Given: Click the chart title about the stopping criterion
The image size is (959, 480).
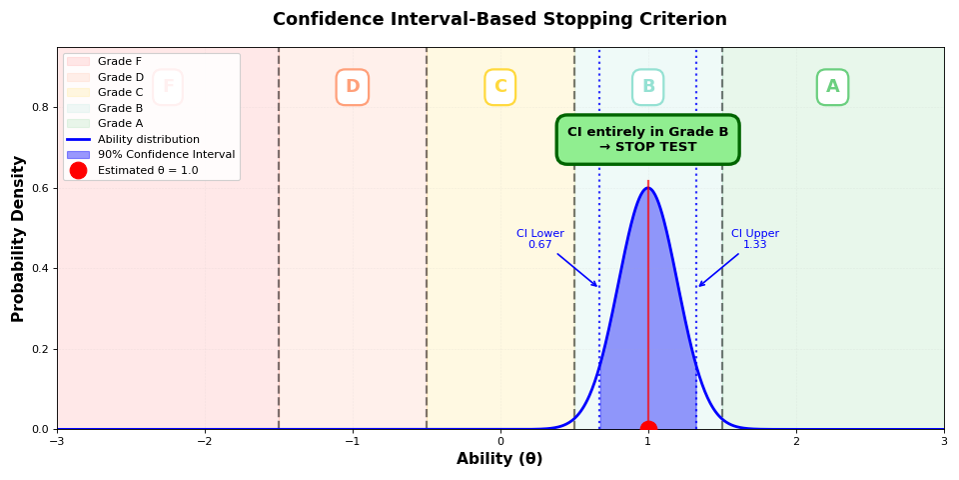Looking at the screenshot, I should [x=499, y=20].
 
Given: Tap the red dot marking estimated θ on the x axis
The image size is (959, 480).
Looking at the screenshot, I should [x=648, y=429].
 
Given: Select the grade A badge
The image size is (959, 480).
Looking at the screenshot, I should [x=832, y=87].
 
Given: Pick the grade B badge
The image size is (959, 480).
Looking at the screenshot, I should [x=647, y=87].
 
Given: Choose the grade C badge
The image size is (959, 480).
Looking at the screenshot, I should [x=499, y=87].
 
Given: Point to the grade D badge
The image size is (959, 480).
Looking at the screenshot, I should [x=352, y=87].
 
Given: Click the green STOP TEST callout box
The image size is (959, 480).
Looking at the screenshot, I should [x=647, y=139].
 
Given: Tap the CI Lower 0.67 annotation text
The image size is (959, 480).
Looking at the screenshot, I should [x=539, y=239].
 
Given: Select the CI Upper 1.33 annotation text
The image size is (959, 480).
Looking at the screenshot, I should [x=754, y=239].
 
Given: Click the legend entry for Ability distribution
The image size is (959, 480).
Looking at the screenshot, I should [x=148, y=140].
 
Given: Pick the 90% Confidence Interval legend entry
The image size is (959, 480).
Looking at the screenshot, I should [x=166, y=155].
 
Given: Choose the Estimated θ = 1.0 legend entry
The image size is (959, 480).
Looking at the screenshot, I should [x=147, y=171].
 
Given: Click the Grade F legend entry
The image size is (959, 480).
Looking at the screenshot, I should [x=119, y=62].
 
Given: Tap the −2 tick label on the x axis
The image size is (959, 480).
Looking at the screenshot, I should [x=204, y=441].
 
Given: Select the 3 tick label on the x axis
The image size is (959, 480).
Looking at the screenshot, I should [x=943, y=441].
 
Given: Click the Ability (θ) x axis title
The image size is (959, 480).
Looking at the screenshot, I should [x=499, y=459].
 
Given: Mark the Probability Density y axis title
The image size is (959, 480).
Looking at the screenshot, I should [x=19, y=238].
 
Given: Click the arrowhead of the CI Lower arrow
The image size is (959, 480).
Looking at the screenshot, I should [x=597, y=287].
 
